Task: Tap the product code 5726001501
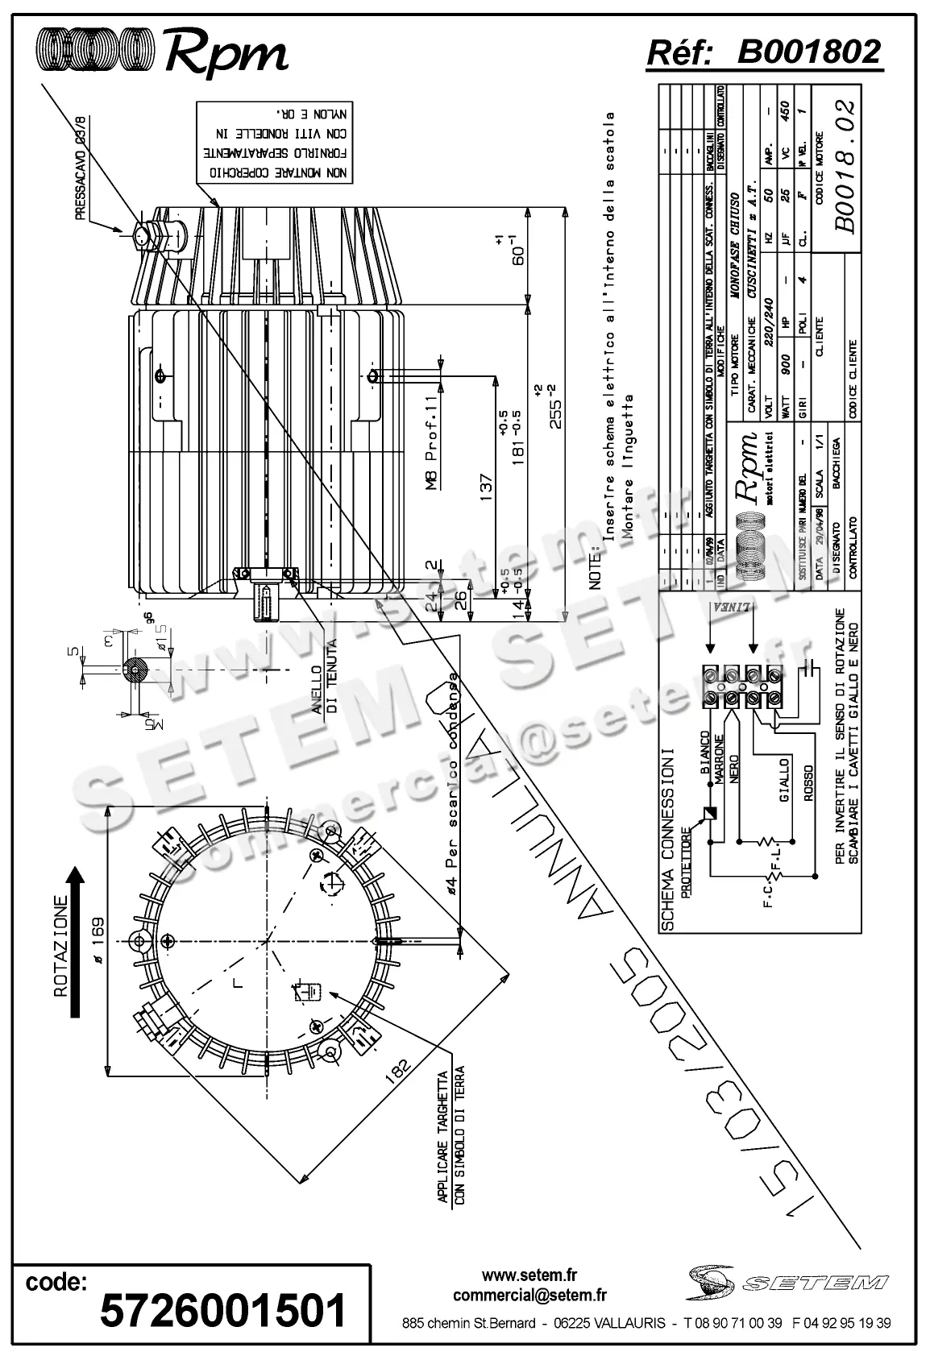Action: tap(222, 1309)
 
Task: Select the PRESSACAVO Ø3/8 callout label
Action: tap(81, 168)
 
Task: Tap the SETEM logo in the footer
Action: tap(787, 1280)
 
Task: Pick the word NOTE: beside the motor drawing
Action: tap(596, 570)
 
